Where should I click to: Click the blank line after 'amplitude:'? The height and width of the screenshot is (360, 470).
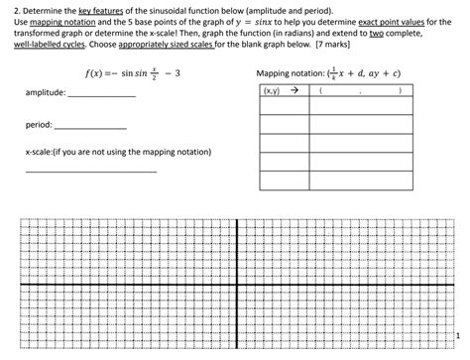point(99,95)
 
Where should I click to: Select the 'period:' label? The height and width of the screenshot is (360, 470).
point(39,126)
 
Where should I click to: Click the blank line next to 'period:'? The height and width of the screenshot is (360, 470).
point(89,129)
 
